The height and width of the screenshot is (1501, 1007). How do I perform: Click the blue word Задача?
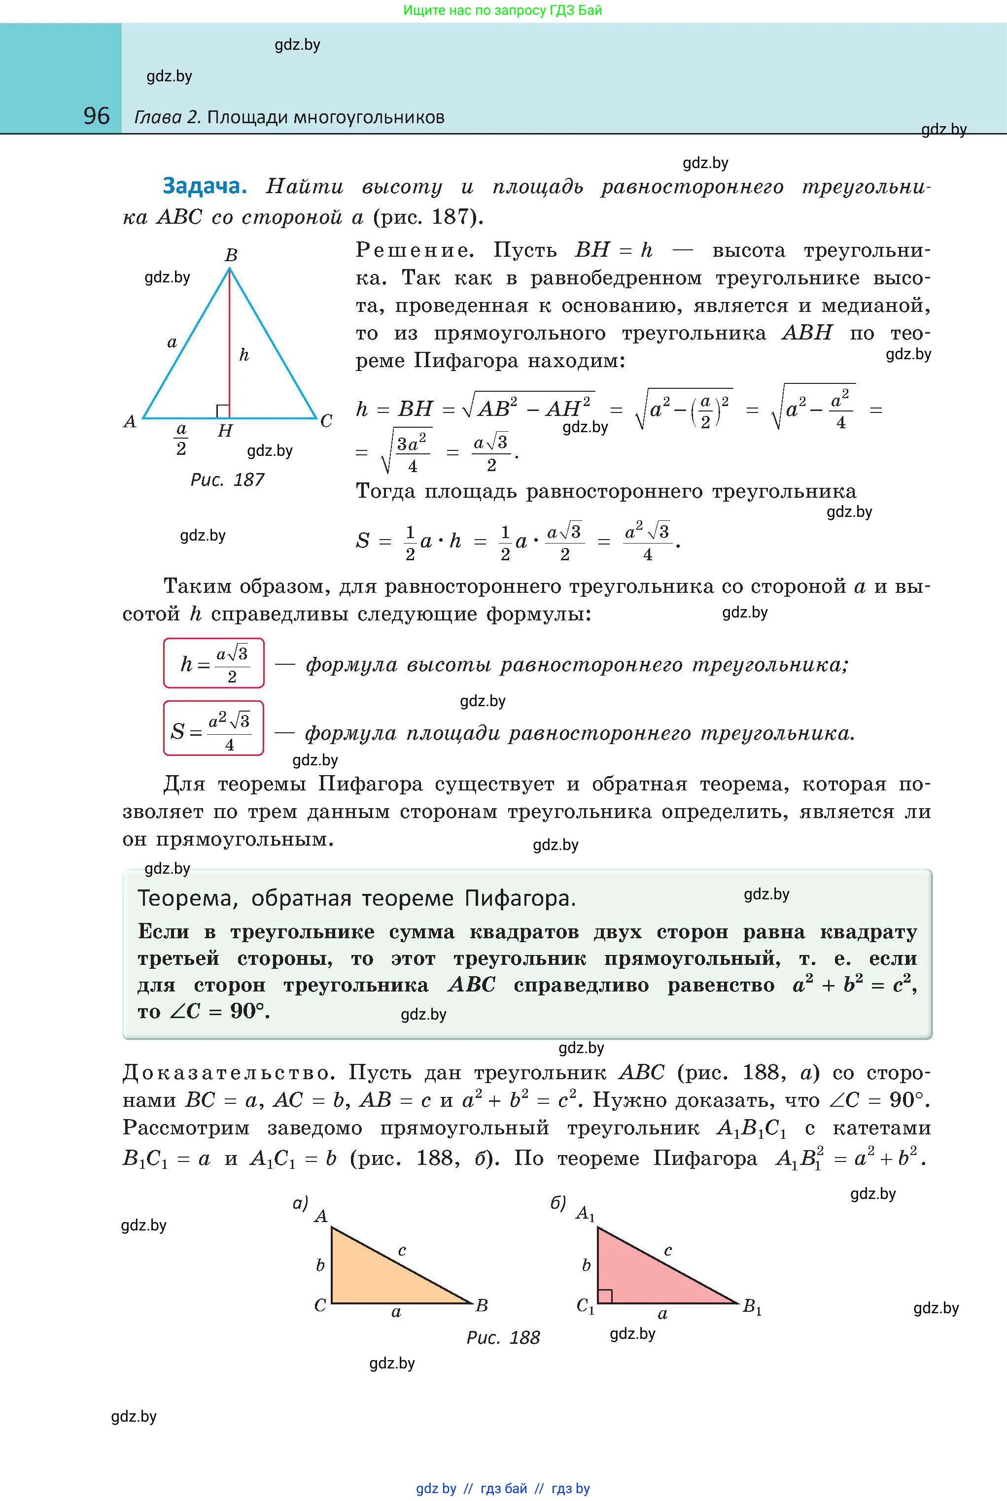pyautogui.click(x=204, y=186)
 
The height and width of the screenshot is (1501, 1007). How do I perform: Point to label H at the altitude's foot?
pyautogui.click(x=225, y=431)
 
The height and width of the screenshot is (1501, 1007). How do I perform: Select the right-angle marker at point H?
pyautogui.click(x=223, y=411)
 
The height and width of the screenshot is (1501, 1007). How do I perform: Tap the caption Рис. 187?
pyautogui.click(x=227, y=479)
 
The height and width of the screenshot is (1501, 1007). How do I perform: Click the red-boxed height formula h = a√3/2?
pyautogui.click(x=214, y=663)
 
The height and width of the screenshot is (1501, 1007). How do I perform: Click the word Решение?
pyautogui.click(x=414, y=250)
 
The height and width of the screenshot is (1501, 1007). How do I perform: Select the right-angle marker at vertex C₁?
pyautogui.click(x=604, y=1296)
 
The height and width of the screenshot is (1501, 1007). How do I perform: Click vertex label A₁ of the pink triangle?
pyautogui.click(x=585, y=1213)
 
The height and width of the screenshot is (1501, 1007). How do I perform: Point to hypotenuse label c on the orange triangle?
pyautogui.click(x=402, y=1250)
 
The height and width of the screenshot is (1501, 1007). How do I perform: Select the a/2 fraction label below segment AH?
pyautogui.click(x=181, y=439)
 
